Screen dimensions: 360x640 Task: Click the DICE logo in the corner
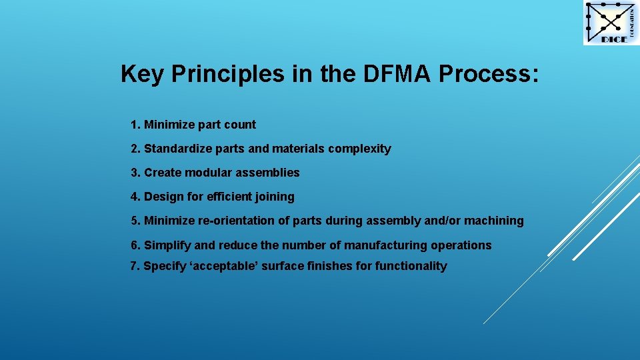click(611, 23)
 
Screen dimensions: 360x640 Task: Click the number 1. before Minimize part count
click(136, 125)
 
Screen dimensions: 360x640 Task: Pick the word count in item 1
click(240, 125)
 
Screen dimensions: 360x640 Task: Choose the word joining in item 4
click(276, 197)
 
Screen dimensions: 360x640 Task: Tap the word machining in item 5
click(494, 221)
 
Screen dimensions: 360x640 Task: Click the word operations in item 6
click(461, 245)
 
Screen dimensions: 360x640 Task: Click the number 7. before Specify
click(135, 266)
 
